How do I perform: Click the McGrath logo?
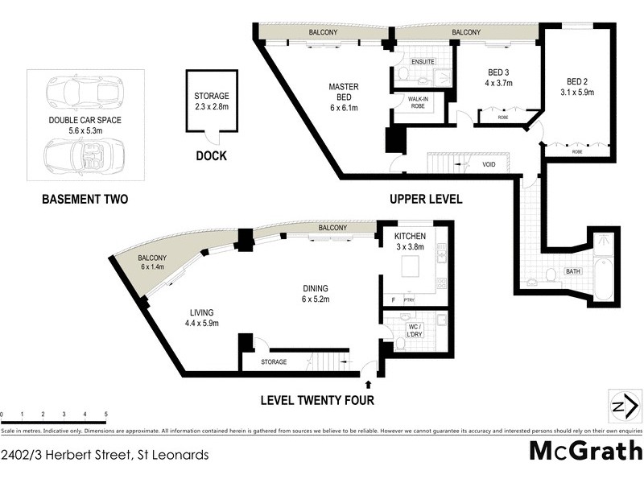coord(585,450)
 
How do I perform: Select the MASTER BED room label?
coord(343,97)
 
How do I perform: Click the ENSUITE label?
coord(423,62)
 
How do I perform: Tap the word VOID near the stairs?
coord(489,165)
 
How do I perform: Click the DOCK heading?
coord(211,156)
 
